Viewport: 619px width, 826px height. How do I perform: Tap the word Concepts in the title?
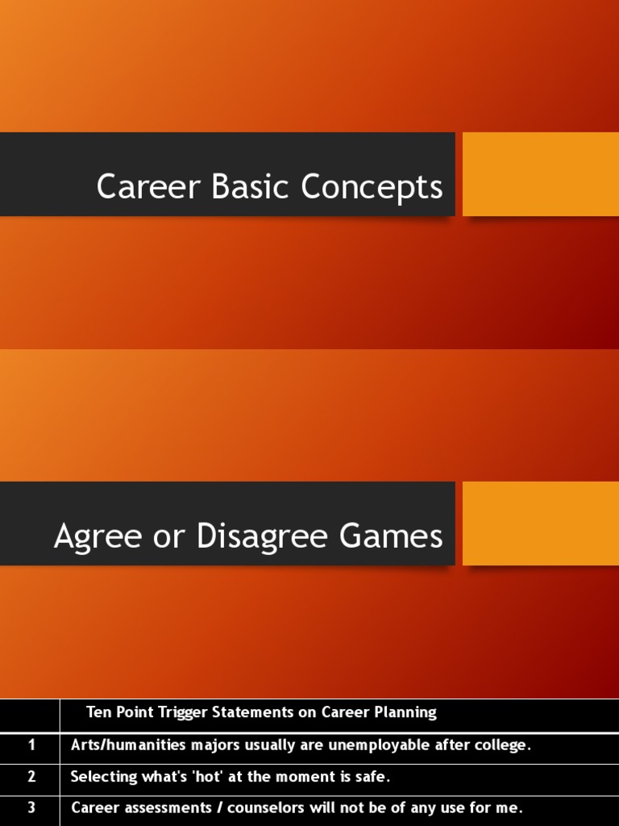(372, 187)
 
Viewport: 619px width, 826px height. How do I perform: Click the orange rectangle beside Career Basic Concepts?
(540, 174)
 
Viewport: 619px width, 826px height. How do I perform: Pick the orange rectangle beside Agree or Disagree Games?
(540, 524)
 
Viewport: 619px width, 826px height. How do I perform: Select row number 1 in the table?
(31, 745)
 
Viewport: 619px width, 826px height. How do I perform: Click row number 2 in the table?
(31, 777)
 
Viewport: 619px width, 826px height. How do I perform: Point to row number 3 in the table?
(31, 807)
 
